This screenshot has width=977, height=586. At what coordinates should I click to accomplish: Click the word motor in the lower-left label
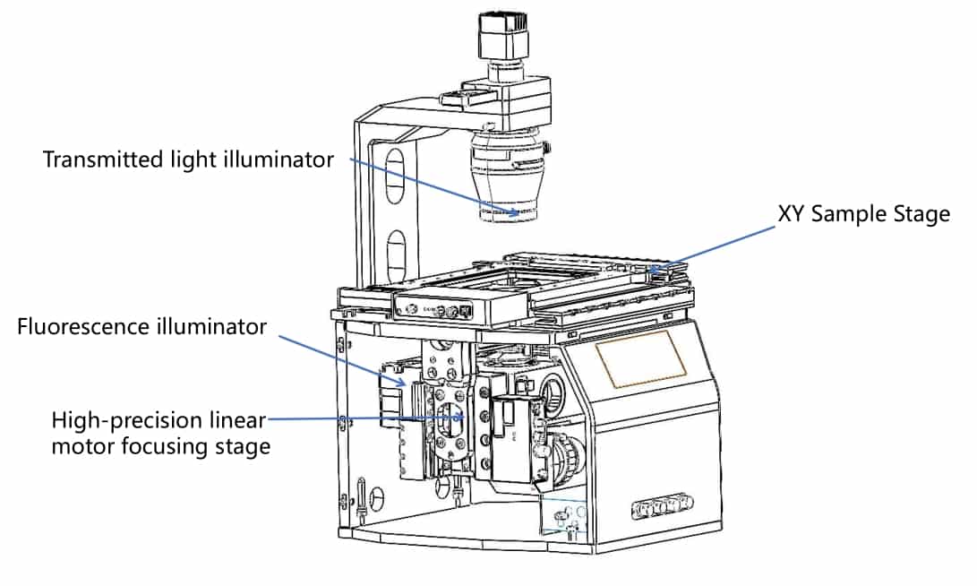tap(77, 445)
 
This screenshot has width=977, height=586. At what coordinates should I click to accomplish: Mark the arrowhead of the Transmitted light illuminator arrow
tap(514, 214)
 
